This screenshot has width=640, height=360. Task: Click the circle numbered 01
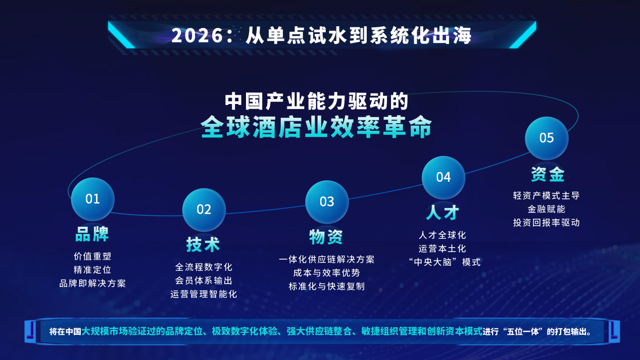(92, 199)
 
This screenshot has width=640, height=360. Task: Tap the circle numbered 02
(204, 210)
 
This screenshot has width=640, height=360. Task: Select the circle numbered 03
(327, 202)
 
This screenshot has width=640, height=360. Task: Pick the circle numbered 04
(443, 177)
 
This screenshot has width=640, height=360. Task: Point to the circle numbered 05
(547, 138)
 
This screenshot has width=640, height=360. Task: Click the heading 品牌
(92, 234)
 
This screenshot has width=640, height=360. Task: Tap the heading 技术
(203, 244)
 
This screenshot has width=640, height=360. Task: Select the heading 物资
(326, 236)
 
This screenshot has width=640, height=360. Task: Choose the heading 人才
(442, 213)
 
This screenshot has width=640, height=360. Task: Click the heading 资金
(547, 174)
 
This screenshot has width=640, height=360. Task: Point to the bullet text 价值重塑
(92, 256)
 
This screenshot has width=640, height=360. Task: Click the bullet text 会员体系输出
(204, 281)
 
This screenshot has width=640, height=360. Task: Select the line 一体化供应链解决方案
(327, 260)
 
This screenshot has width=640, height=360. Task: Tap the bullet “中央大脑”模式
(442, 262)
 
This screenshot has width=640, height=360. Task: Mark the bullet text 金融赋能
(547, 209)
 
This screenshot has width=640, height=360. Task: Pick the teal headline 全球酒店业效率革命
(316, 127)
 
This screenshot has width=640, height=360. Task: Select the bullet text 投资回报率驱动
(547, 222)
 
